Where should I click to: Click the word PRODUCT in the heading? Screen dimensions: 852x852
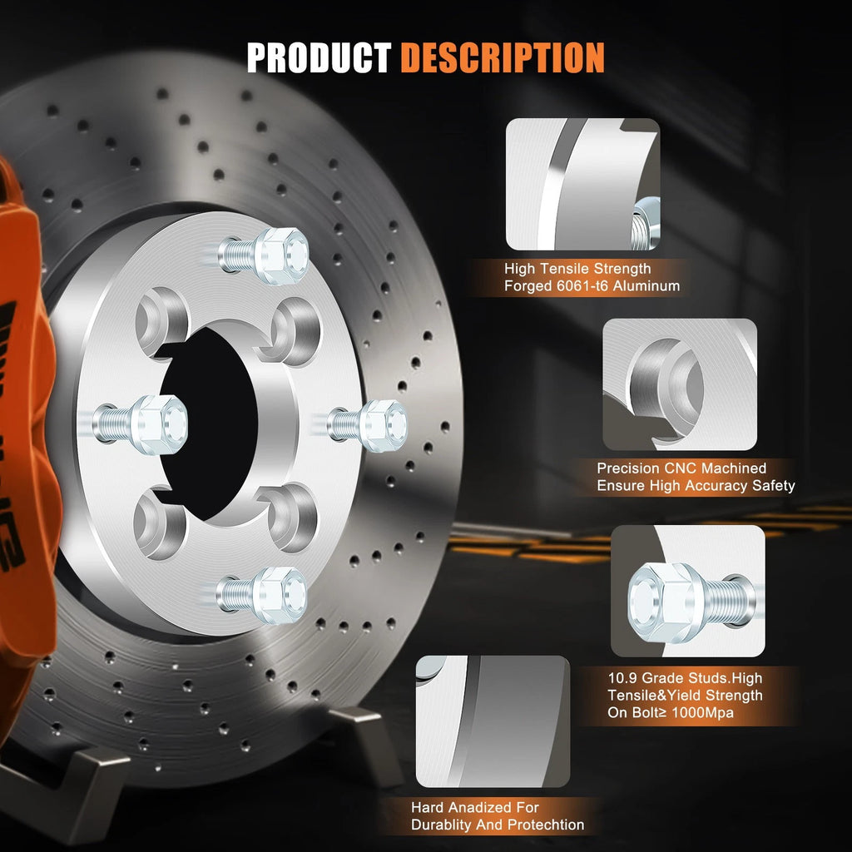(319, 57)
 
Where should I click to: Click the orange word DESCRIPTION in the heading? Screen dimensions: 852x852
(503, 57)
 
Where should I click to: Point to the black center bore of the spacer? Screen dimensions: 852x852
(209, 424)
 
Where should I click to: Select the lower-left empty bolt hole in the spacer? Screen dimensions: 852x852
(159, 523)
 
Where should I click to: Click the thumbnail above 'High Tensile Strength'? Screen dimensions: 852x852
(582, 184)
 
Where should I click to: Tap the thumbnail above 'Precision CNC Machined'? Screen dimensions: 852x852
(679, 384)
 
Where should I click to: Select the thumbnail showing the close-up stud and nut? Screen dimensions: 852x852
(687, 591)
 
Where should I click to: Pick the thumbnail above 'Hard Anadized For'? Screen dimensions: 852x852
(493, 721)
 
